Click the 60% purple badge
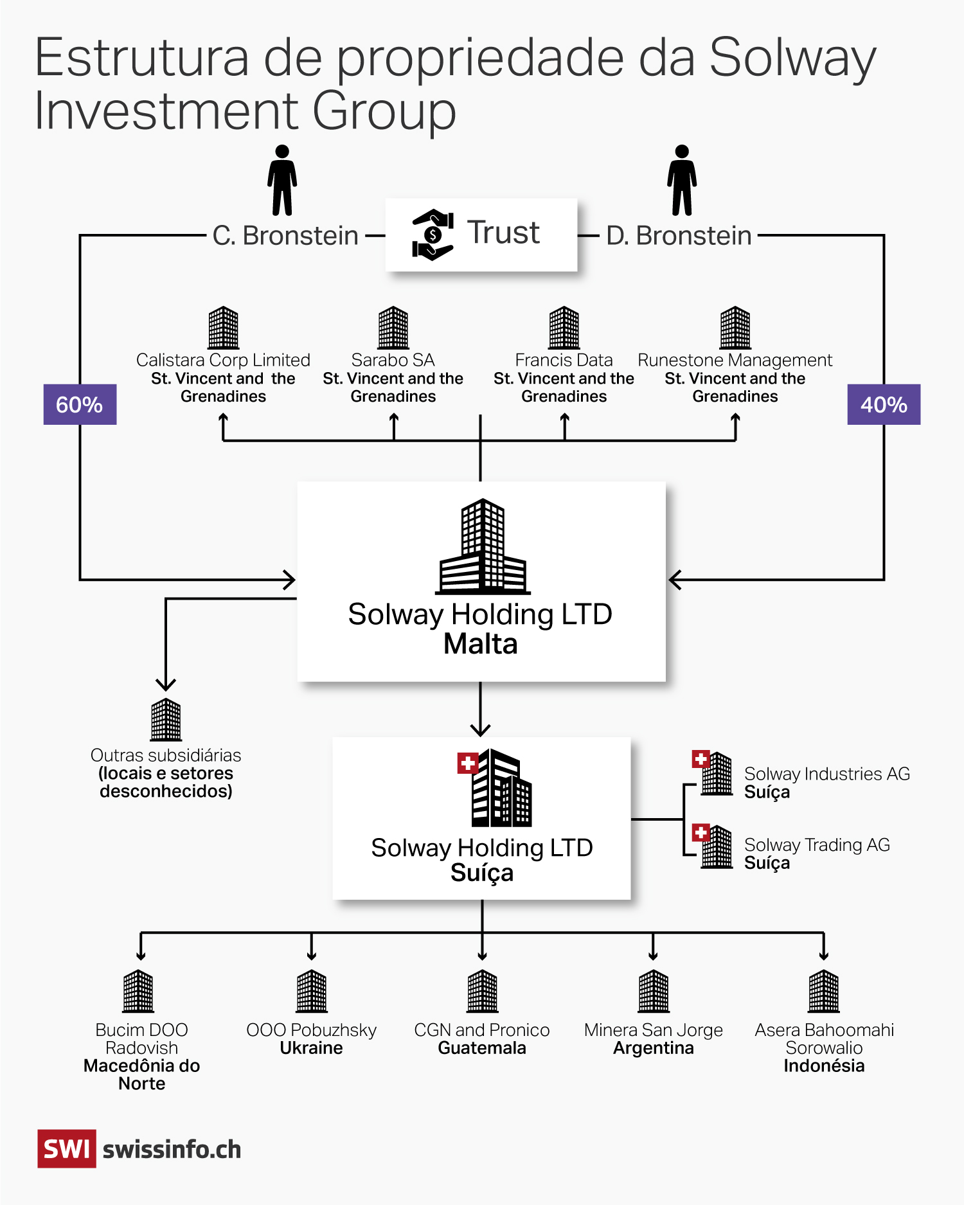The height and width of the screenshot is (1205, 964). (80, 404)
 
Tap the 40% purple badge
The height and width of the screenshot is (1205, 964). (884, 404)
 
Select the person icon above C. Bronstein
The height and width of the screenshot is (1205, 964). (282, 181)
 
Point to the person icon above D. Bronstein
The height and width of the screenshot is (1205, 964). (682, 181)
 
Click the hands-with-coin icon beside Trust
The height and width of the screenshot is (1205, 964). (433, 235)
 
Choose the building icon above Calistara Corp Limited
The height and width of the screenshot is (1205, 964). (223, 328)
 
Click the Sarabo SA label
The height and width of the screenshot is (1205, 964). (393, 360)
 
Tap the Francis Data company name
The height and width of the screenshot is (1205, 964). (564, 360)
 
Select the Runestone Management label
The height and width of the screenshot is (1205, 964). (735, 360)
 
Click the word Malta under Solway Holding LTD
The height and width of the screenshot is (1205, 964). (481, 644)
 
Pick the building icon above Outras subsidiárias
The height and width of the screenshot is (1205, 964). (166, 720)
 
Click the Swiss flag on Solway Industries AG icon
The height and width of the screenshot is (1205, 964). (701, 759)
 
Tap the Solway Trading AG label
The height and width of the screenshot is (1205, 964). (817, 844)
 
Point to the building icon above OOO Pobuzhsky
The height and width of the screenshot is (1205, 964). (312, 991)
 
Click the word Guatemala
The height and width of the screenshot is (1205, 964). (482, 1048)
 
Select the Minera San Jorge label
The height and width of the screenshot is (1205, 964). (653, 1030)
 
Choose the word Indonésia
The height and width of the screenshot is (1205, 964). (824, 1066)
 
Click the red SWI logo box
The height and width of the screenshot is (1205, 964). (67, 1148)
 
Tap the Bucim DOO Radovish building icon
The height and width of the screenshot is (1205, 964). (138, 991)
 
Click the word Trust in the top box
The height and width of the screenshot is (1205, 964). (503, 233)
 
